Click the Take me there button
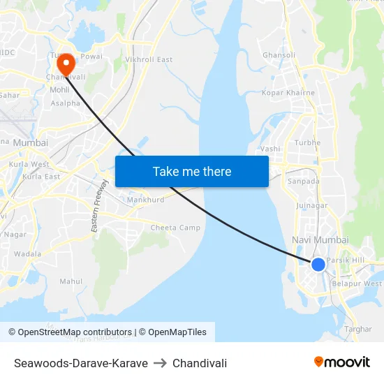point(192,171)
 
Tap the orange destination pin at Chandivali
point(67,64)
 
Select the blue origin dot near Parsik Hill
point(318,264)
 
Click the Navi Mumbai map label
point(319,240)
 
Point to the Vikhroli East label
point(149,60)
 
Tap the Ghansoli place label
point(279,55)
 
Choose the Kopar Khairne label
point(288,93)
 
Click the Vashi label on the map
point(269,149)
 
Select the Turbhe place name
point(307,143)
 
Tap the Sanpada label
point(304,182)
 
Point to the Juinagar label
point(311,206)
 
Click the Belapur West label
point(357,284)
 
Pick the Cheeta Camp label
point(175,228)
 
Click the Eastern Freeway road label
point(100,206)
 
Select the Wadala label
point(28,254)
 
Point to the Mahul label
point(71,281)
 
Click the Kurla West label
point(29,165)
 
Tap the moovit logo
point(342,362)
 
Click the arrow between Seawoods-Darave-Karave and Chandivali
point(160,363)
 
